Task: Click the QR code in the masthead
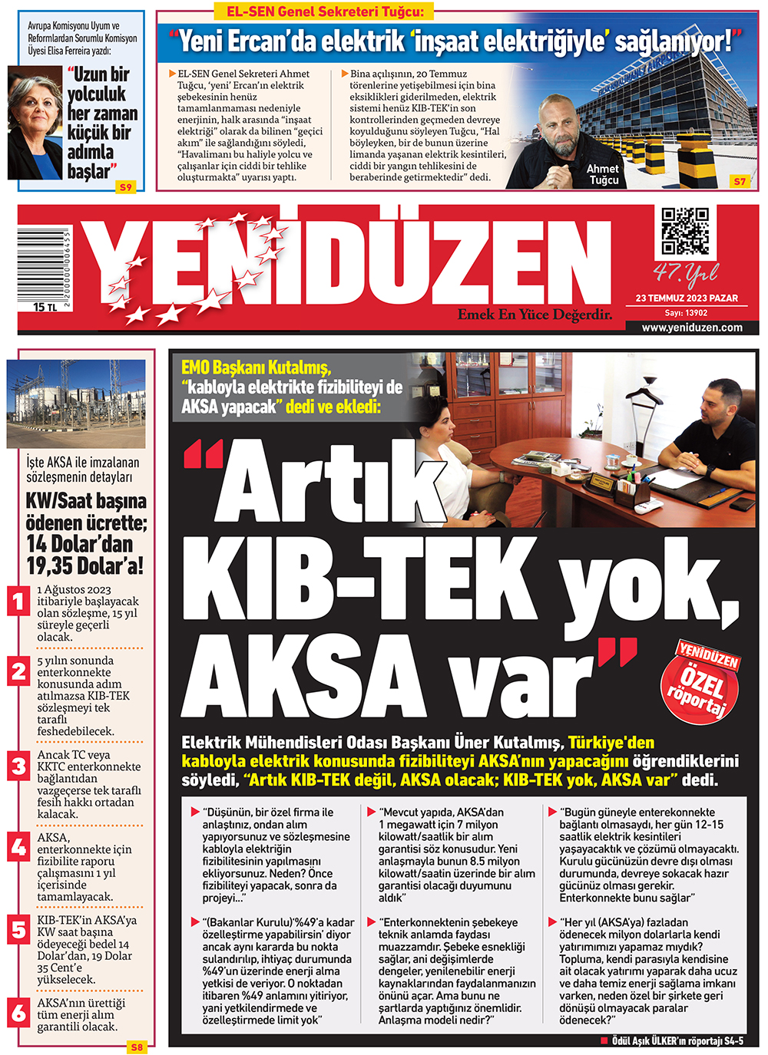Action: (685, 231)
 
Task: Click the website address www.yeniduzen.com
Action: (692, 327)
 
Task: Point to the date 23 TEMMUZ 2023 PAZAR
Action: (687, 298)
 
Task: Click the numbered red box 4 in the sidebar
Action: (19, 848)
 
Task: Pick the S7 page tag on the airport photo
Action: (739, 181)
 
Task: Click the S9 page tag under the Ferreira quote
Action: (125, 186)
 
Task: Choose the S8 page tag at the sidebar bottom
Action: (137, 1047)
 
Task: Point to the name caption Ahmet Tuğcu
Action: (603, 174)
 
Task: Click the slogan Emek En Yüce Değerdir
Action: (535, 315)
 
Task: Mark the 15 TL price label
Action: (45, 307)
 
